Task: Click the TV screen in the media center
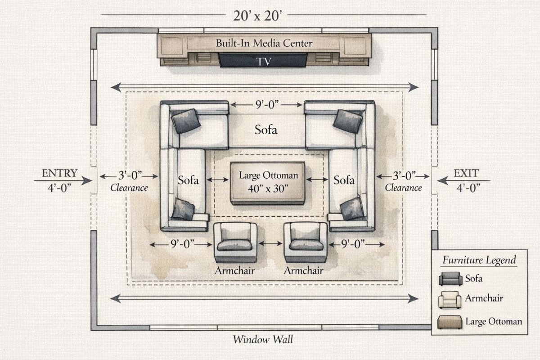264,60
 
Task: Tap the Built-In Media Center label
264,44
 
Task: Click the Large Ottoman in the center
267,182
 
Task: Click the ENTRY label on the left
59,173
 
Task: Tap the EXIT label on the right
466,173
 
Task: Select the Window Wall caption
262,339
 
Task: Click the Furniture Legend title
479,260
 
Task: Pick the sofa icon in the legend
450,279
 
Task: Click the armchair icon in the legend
450,299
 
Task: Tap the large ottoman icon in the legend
450,321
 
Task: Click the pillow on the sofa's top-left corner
186,121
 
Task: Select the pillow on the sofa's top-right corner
348,121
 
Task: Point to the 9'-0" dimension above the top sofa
266,104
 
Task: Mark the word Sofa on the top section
266,130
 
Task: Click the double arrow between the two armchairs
270,244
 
